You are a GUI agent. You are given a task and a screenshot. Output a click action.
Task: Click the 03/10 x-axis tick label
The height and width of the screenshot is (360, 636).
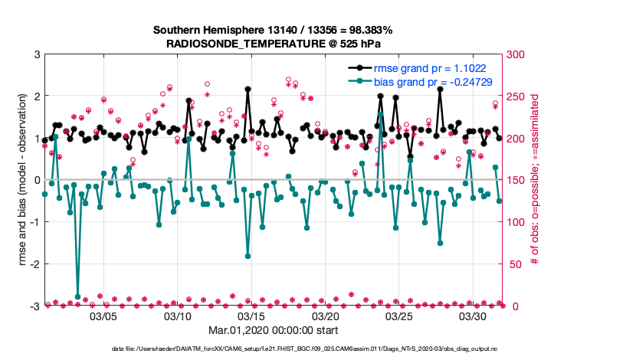pos(178,316)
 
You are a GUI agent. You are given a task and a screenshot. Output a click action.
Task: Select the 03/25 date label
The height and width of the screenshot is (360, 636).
pos(400,316)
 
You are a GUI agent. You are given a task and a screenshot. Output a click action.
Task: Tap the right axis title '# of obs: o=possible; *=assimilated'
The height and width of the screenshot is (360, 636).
pos(535,180)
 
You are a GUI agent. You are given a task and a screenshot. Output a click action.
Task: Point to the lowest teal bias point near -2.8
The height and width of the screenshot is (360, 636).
pos(77,296)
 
